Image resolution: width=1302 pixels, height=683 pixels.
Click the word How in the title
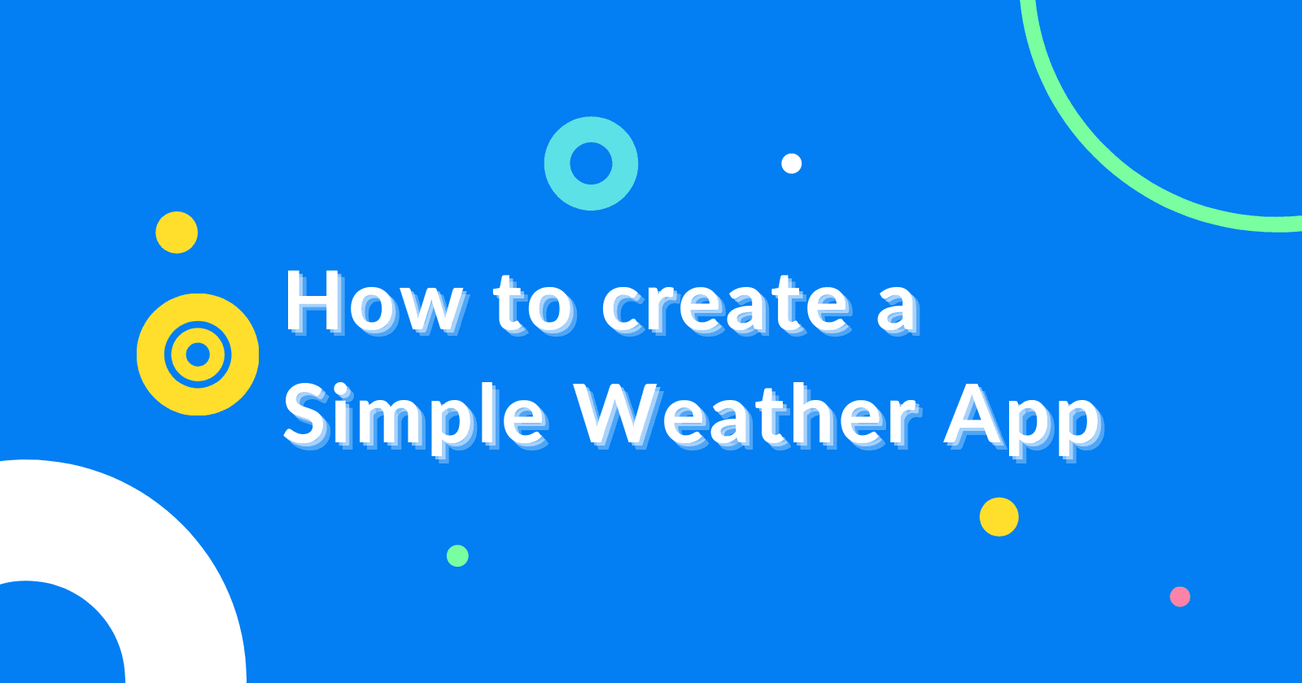click(x=375, y=302)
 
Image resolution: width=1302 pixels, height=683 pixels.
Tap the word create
click(x=726, y=306)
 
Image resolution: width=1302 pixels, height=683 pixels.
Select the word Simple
click(x=415, y=418)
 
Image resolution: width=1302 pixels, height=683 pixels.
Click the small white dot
click(x=791, y=163)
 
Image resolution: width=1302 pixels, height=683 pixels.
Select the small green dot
click(x=457, y=556)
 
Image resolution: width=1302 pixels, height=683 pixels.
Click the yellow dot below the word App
click(x=999, y=517)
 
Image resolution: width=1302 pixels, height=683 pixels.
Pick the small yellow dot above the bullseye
click(x=177, y=233)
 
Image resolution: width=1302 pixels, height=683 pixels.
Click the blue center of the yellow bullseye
click(x=198, y=355)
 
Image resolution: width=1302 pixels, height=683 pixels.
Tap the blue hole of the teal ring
click(x=591, y=163)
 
